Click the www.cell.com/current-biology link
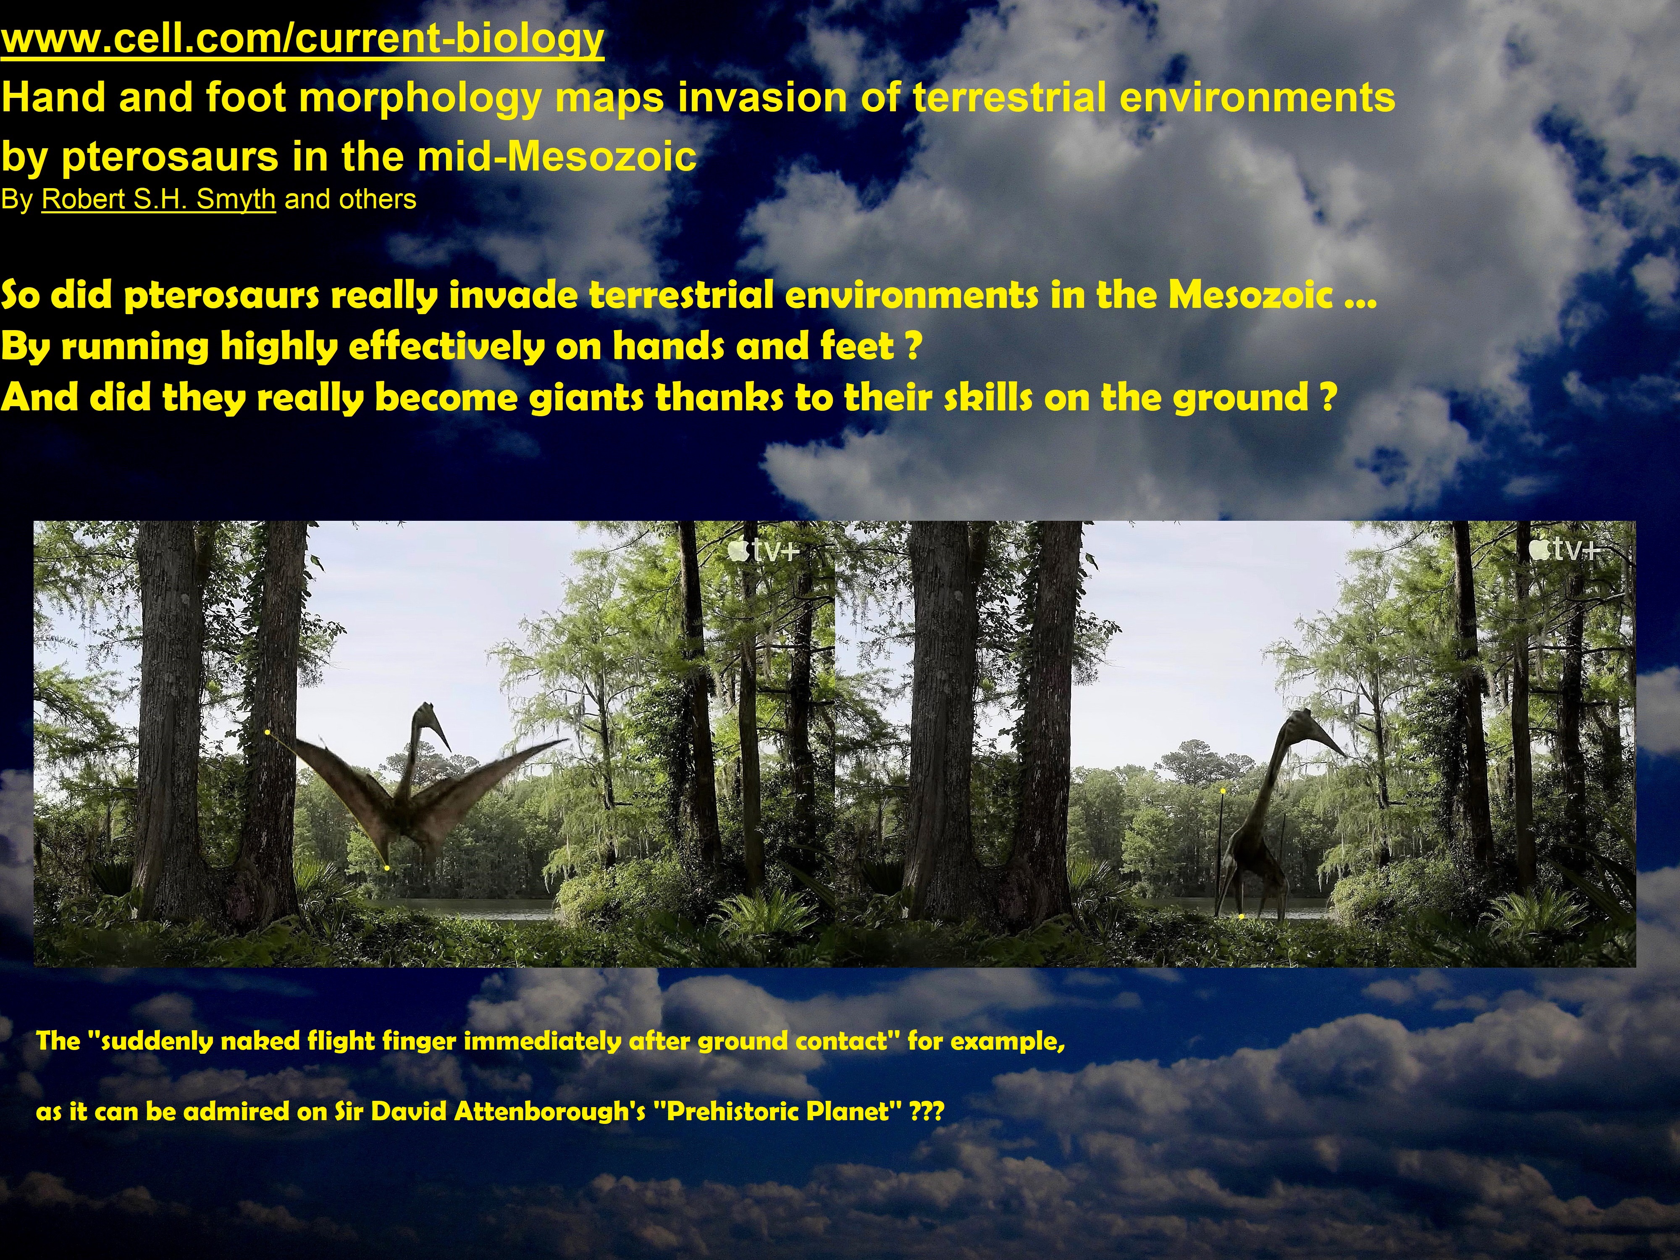click(302, 39)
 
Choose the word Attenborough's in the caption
click(550, 1112)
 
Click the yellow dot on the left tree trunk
click(268, 732)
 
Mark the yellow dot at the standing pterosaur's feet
click(1241, 917)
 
